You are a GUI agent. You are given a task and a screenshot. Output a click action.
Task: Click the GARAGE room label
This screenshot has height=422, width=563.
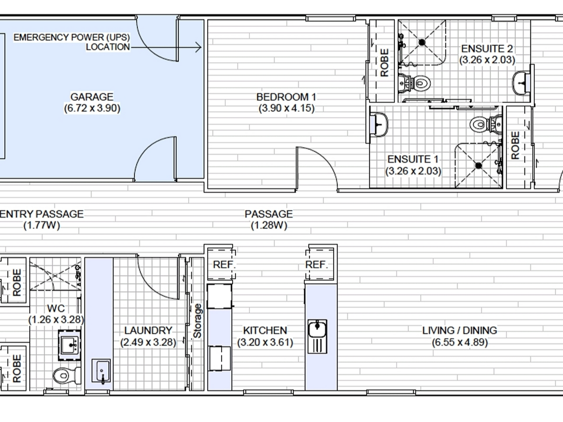(92, 97)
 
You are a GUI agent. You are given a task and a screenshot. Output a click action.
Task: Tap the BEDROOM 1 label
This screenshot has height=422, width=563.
(286, 97)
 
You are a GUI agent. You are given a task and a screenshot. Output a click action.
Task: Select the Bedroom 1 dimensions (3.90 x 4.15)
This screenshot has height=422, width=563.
(287, 108)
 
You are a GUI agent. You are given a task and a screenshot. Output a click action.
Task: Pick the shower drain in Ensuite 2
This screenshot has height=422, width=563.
(422, 42)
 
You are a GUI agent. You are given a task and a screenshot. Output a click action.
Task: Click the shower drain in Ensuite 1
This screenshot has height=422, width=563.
(478, 166)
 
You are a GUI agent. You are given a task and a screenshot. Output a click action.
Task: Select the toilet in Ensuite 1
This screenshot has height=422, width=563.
(485, 124)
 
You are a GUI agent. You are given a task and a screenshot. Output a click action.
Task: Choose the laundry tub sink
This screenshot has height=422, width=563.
(102, 371)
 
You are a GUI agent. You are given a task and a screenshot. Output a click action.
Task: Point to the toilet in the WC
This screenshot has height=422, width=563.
(67, 376)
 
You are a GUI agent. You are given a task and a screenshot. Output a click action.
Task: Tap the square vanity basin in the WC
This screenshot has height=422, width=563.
(70, 345)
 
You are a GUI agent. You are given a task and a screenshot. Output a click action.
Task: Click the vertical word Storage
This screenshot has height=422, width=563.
(197, 321)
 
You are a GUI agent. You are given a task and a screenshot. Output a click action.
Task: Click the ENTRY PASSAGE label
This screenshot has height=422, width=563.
(41, 214)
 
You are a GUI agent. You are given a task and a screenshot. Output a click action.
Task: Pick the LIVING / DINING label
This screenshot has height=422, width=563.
(459, 331)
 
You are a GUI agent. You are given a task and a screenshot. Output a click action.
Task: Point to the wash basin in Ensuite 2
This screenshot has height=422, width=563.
(521, 83)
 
